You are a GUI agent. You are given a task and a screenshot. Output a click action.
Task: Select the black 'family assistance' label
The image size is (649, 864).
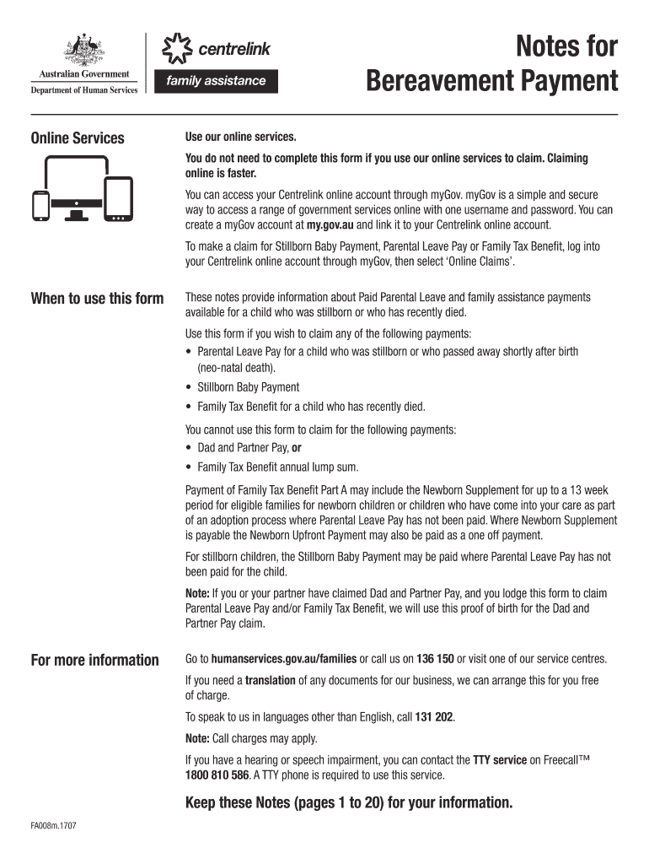[216, 82]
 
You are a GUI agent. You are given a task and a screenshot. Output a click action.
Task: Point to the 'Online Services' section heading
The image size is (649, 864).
[78, 138]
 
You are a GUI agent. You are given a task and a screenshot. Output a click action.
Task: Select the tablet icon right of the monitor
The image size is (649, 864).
[118, 200]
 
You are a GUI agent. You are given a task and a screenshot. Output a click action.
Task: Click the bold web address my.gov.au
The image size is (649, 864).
[330, 225]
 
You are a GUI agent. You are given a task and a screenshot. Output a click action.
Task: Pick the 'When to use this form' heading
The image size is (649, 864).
[97, 298]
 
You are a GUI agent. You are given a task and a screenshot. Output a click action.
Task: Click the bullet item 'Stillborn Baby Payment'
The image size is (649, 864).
[248, 387]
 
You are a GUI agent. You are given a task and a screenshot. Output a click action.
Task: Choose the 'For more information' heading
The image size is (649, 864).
[94, 660]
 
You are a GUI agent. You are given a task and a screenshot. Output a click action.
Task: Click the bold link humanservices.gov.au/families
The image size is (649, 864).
[284, 659]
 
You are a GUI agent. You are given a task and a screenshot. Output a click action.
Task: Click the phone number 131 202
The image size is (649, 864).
[434, 717]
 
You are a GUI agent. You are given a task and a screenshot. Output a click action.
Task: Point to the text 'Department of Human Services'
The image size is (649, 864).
[83, 90]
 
